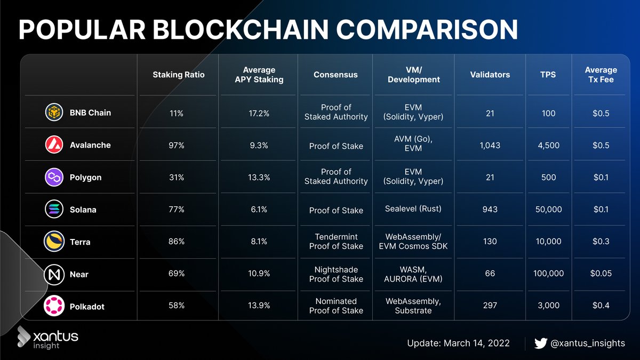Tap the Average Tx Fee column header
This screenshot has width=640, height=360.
601,75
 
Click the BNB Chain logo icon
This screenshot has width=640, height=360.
54,113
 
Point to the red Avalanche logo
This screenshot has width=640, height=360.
54,145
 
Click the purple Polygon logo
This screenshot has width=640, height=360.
54,177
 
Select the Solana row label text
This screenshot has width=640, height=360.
83,210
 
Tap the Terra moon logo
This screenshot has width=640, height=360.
54,242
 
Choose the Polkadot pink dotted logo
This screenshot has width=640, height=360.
54,306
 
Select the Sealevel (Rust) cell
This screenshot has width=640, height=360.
413,209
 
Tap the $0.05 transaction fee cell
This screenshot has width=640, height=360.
601,274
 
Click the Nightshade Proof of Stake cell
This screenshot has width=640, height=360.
336,274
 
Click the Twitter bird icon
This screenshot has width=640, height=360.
541,343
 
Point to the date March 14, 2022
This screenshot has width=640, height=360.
476,343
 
